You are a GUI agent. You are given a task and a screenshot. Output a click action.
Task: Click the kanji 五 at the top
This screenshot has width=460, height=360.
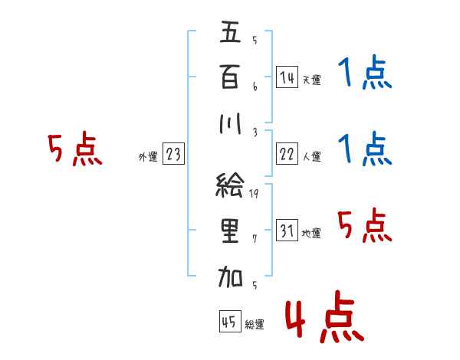coord(231,34)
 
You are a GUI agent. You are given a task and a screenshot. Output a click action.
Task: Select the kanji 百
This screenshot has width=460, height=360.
coord(231,77)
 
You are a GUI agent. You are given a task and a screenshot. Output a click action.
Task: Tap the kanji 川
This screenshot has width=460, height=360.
coord(231,122)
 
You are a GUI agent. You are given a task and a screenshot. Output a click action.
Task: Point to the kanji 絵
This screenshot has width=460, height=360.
coord(231,185)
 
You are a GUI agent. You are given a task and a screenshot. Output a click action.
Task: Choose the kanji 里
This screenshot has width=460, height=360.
coord(231,231)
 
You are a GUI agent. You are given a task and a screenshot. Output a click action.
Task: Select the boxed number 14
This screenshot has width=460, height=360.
coord(286,77)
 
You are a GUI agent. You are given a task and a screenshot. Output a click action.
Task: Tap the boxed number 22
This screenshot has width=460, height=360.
coord(286,154)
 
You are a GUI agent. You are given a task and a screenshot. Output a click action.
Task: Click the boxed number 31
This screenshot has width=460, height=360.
coord(286,231)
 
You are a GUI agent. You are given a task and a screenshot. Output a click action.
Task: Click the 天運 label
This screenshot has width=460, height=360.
coord(311,80)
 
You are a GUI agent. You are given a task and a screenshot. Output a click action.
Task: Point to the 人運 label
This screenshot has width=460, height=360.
coord(311,157)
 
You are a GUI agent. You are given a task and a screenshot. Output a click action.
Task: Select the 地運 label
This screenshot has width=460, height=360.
coord(311,234)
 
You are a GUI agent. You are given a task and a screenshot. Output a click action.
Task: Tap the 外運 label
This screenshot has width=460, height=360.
coord(147,157)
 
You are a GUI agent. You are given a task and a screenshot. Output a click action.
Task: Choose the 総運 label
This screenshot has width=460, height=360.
coord(255,325)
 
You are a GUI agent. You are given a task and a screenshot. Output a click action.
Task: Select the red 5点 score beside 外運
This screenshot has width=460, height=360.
coord(75,149)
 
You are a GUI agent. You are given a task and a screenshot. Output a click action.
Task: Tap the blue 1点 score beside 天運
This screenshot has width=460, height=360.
coord(364,74)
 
